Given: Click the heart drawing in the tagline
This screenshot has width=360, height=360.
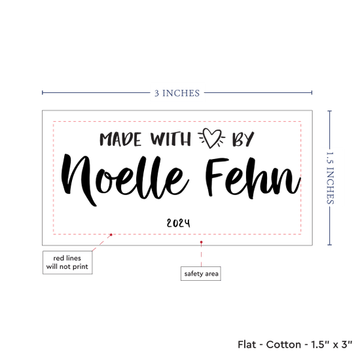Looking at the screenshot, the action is [x=211, y=138].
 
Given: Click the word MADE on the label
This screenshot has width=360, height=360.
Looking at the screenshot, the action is [x=120, y=139].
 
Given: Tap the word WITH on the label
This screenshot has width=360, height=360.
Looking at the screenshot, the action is [x=171, y=139].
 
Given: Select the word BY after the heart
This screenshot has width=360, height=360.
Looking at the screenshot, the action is [x=243, y=139].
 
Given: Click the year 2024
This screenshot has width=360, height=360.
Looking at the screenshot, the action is [x=179, y=223].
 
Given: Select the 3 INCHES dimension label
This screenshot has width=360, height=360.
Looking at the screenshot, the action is [x=177, y=93].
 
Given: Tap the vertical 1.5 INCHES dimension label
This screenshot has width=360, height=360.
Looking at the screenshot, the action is [x=330, y=178].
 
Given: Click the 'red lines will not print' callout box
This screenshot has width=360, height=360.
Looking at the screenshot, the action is [x=67, y=262].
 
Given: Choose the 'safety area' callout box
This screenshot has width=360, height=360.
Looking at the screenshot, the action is [x=201, y=274].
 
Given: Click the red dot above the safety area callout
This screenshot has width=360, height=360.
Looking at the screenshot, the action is [x=202, y=242].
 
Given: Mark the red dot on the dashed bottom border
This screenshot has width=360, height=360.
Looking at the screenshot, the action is [x=111, y=234].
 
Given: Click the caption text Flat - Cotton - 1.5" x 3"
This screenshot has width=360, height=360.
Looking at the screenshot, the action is [x=295, y=344].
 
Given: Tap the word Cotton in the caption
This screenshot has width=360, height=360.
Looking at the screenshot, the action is [x=283, y=344].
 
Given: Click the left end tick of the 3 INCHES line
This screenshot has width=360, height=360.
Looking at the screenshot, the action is [x=43, y=93].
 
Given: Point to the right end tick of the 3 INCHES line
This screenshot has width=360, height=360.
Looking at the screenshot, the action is [x=312, y=93].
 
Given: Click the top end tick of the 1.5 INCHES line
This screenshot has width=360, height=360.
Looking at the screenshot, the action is [x=330, y=111].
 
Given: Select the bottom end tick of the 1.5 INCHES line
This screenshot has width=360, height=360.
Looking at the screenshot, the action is [x=330, y=245].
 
